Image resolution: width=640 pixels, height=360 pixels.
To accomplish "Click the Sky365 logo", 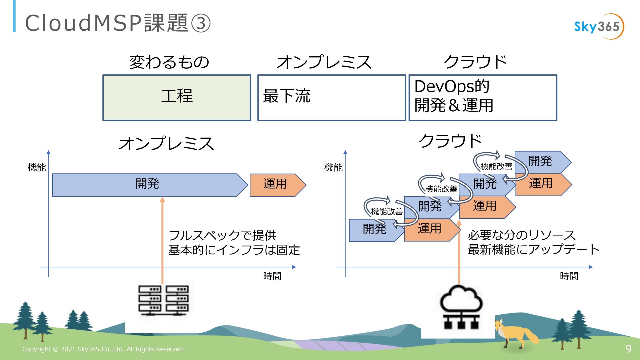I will point(599,27).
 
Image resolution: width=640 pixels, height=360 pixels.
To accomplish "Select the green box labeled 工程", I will point(177,97).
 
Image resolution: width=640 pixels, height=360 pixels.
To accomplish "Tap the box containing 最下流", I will point(331,97).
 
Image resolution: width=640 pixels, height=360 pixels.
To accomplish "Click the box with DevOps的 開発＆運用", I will point(483,97).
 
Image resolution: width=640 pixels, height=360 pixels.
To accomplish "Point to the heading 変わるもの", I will point(169,62).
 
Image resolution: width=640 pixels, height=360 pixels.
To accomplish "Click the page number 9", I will point(628,349).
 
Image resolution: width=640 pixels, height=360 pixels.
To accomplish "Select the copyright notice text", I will point(103,349).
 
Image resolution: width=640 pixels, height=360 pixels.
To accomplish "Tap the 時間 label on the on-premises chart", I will point(272,276).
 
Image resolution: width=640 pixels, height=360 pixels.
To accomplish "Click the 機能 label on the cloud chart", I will point(333,167).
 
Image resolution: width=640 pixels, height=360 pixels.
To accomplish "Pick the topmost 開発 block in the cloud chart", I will point(541,162).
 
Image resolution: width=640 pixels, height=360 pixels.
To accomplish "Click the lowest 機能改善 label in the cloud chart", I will point(387,212).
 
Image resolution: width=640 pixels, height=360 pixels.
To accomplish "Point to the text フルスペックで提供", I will point(222,236).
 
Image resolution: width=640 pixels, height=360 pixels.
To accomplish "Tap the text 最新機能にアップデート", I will point(533,250).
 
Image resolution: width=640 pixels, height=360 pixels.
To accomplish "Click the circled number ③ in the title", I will point(201,23).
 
